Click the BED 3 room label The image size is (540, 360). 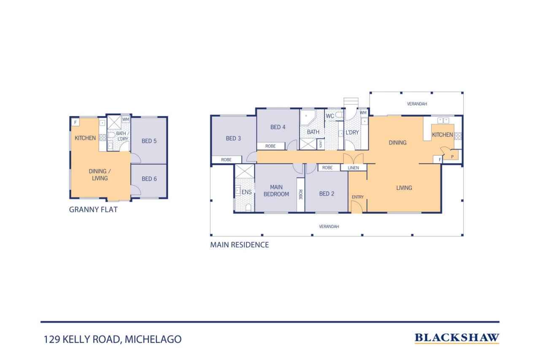pos(233,138)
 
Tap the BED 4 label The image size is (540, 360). pos(278,127)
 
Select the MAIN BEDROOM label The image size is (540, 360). pos(276,190)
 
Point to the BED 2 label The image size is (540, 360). pos(327,194)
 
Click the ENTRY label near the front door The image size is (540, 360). pos(357,197)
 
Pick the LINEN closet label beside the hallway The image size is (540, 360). pos(353,168)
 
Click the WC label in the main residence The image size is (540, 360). pos(330,116)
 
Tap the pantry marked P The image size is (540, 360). pos(452,157)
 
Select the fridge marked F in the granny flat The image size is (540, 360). pos(75,122)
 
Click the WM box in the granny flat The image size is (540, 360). pos(126,119)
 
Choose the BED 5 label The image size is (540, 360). pos(149,141)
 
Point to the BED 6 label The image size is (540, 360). pos(149,179)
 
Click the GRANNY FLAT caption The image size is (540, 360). pos(93,209)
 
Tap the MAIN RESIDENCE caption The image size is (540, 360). pos(239,245)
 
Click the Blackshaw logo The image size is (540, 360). pos(457,338)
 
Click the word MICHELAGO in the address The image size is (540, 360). pos(153,339)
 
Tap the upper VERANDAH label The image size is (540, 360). pos(417,104)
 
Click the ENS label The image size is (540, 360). pos(246,192)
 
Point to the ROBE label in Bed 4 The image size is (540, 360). pos(270,146)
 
